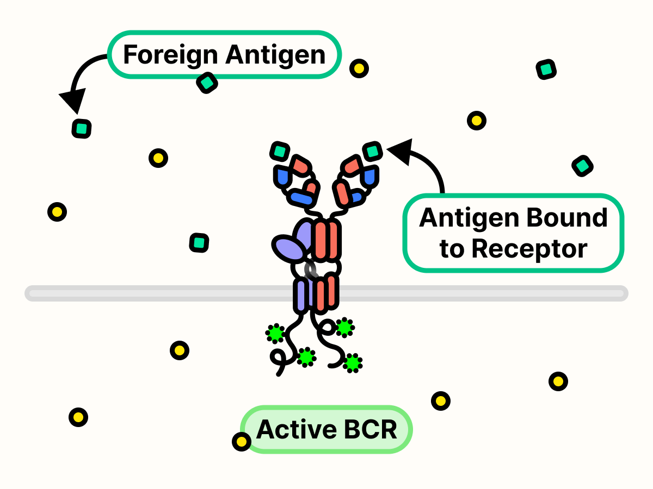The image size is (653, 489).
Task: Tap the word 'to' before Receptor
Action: pyautogui.click(x=451, y=249)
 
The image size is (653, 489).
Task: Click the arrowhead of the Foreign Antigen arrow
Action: pyautogui.click(x=73, y=102)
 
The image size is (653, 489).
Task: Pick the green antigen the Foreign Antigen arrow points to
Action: pyautogui.click(x=82, y=129)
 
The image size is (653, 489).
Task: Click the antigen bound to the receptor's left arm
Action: pyautogui.click(x=280, y=151)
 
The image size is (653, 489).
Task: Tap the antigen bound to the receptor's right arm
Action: pyautogui.click(x=373, y=151)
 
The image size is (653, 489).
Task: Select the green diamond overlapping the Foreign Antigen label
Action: pyautogui.click(x=207, y=83)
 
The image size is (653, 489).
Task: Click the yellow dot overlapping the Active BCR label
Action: pyautogui.click(x=241, y=441)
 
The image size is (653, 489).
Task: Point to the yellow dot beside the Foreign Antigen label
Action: pyautogui.click(x=359, y=68)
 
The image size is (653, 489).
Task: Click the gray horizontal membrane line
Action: pyautogui.click(x=163, y=294)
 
